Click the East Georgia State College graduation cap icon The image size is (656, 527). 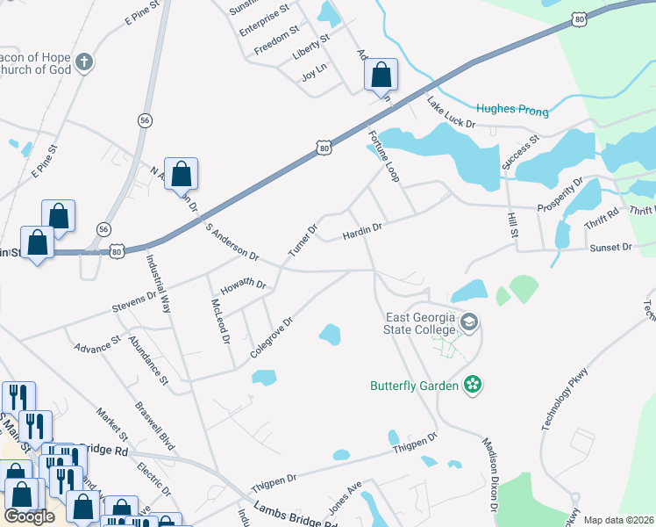click(469, 324)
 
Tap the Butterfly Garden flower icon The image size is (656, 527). click(473, 385)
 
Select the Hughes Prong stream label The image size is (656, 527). click(512, 111)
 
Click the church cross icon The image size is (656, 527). click(83, 62)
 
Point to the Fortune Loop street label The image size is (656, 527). click(383, 157)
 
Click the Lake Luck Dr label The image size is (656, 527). click(451, 113)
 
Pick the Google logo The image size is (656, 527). click(29, 516)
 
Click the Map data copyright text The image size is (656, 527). click(617, 520)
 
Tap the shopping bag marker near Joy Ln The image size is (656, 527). click(381, 76)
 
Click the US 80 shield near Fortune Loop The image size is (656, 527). click(324, 148)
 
